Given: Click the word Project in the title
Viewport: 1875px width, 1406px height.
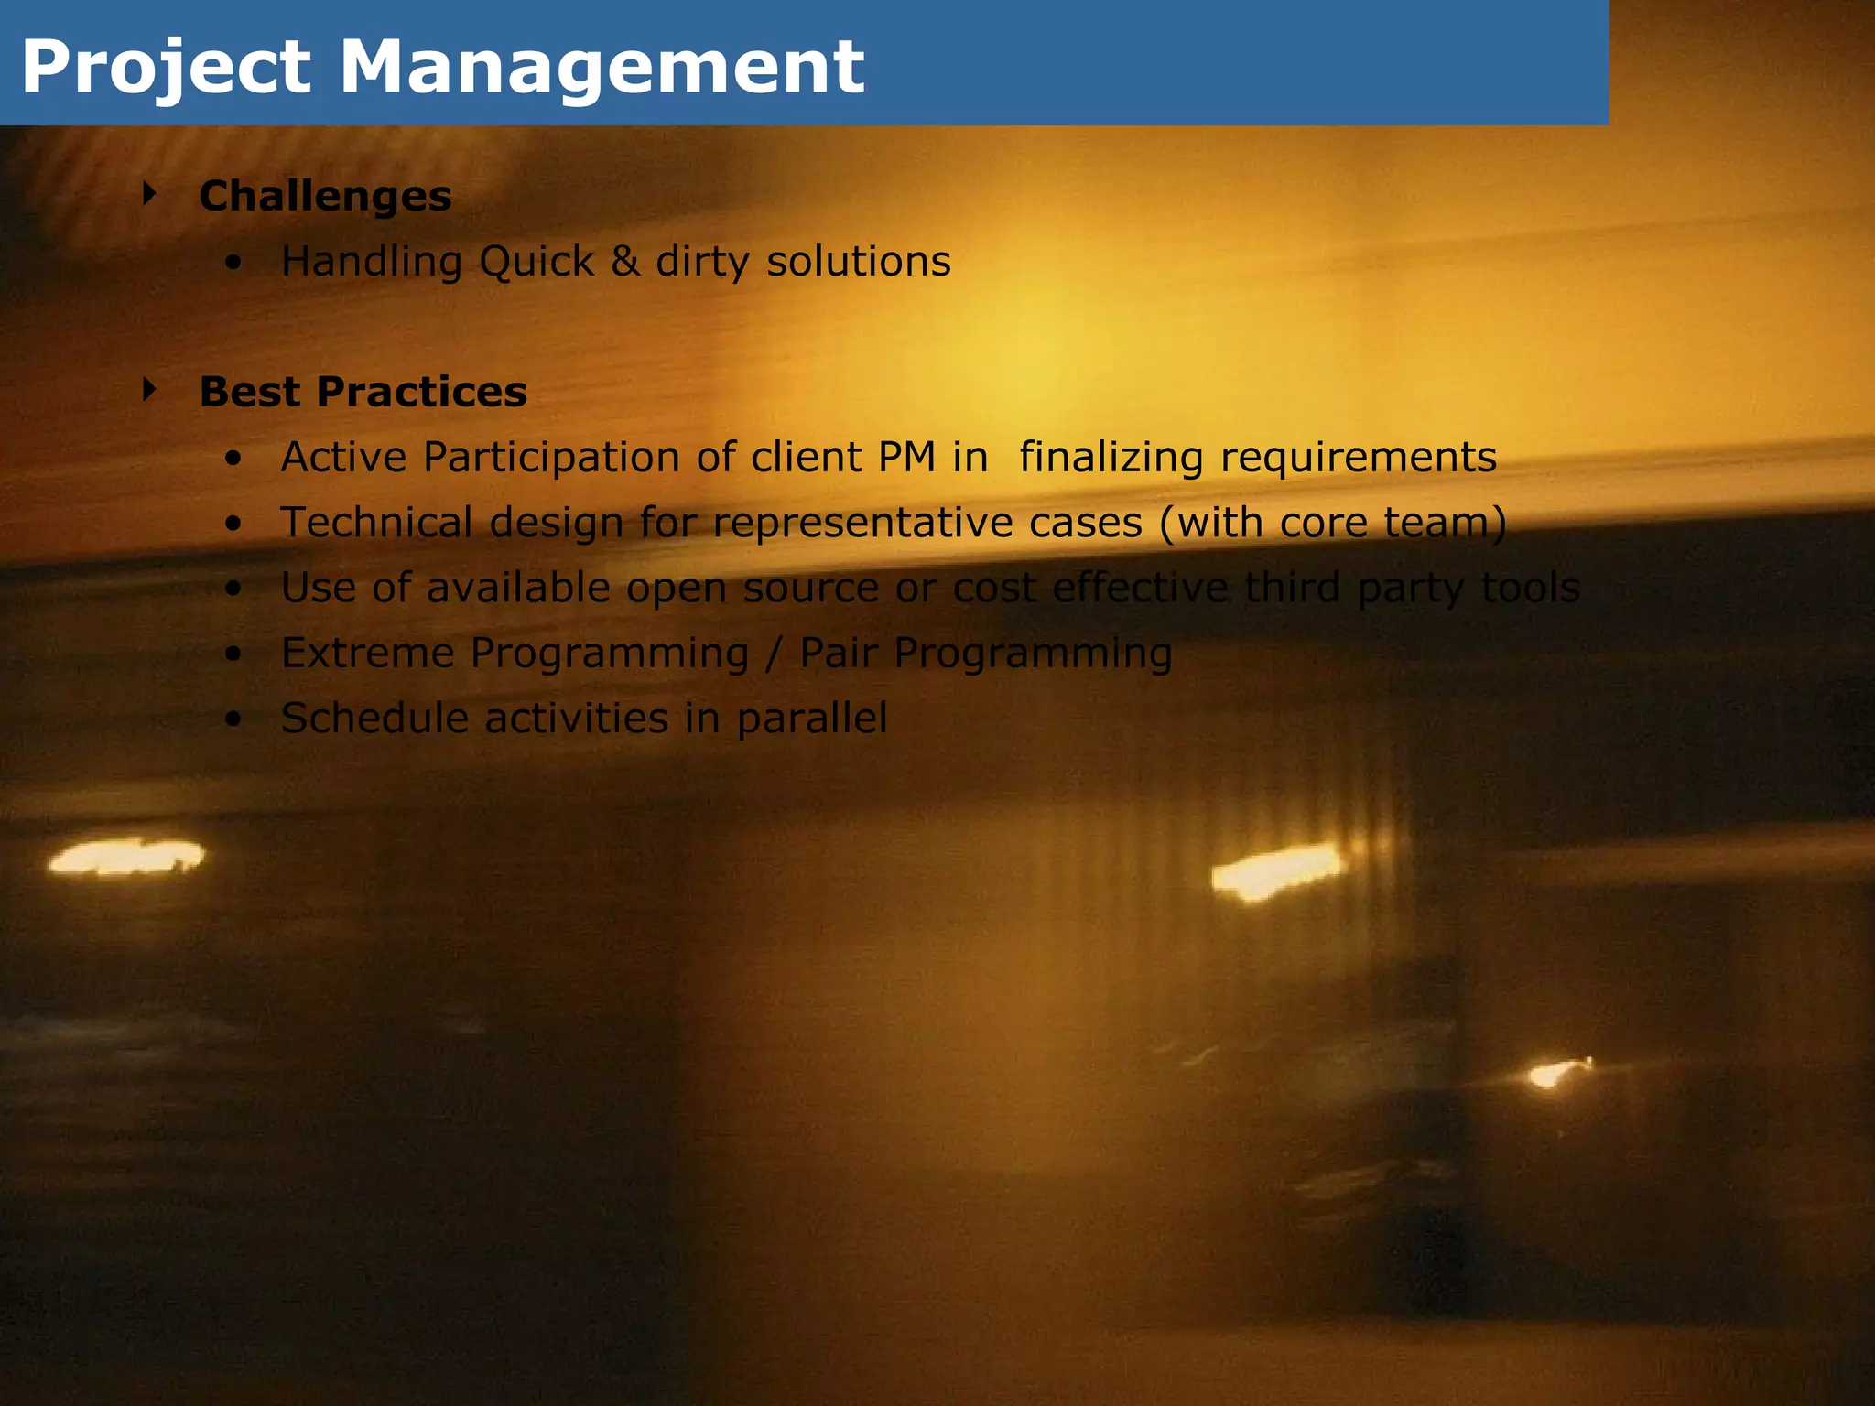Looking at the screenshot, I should click(x=166, y=68).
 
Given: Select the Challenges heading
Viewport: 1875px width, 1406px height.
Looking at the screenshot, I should click(x=325, y=196).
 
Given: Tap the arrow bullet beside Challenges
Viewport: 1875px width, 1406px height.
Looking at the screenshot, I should click(x=150, y=193).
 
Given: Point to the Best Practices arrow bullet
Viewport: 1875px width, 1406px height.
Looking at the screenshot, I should click(x=150, y=390).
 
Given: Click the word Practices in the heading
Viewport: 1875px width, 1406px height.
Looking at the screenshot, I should click(x=421, y=392).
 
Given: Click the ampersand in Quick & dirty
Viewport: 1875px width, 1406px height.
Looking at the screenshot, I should click(x=625, y=261).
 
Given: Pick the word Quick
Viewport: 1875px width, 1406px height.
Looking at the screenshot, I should click(x=536, y=262).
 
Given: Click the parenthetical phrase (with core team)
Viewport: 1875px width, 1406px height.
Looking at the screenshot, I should click(x=1333, y=523).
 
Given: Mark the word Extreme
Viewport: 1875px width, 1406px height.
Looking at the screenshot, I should click(x=368, y=654).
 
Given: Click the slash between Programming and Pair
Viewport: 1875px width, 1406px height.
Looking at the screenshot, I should click(x=775, y=654).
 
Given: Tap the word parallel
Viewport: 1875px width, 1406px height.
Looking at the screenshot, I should click(x=812, y=719).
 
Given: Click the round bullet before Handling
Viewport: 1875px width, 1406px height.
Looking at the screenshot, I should click(x=234, y=264).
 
